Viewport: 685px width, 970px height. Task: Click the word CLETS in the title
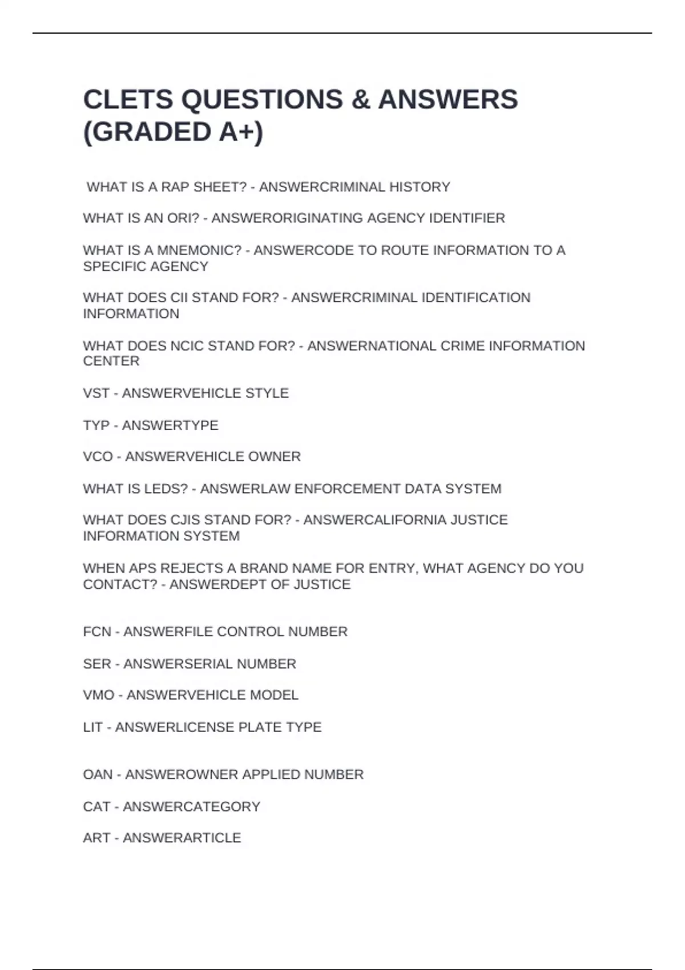click(127, 99)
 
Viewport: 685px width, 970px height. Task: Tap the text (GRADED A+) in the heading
click(173, 132)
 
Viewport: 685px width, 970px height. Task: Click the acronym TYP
click(96, 426)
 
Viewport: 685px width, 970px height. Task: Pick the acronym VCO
click(98, 456)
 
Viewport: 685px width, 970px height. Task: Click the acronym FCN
click(97, 632)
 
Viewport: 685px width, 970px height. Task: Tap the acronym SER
click(97, 664)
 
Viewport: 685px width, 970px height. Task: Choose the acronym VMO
click(99, 695)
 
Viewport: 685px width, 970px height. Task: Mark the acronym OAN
click(98, 775)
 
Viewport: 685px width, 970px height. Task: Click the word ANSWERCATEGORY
click(191, 807)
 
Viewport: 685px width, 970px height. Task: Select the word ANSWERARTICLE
click(182, 838)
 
